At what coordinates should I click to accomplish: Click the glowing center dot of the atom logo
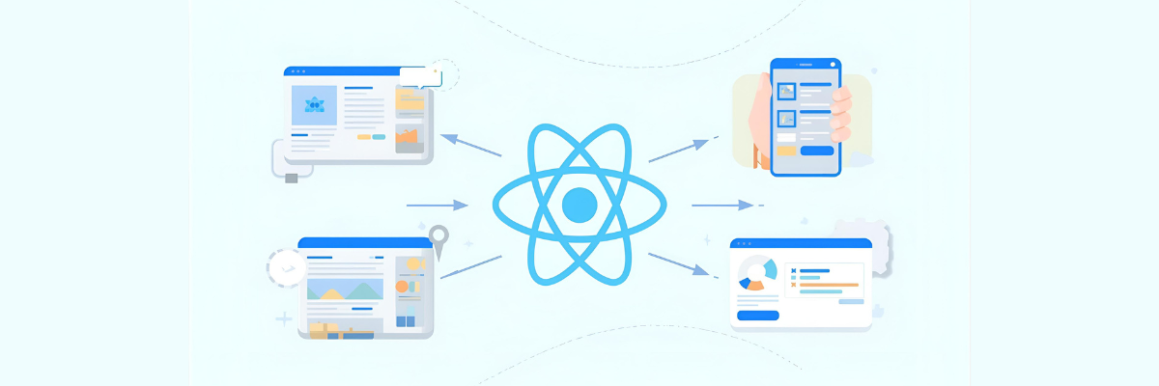click(579, 205)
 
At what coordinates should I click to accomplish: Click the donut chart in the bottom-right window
click(755, 272)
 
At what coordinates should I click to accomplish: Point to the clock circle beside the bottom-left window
click(287, 267)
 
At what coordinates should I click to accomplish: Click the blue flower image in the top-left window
click(314, 105)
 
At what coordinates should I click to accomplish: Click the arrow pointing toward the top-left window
click(470, 145)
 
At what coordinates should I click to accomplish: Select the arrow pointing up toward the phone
click(681, 150)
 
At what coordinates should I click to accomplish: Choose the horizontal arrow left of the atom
click(437, 205)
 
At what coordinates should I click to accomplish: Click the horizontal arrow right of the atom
click(722, 205)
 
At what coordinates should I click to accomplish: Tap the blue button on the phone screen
click(816, 151)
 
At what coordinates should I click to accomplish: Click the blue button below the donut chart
click(757, 315)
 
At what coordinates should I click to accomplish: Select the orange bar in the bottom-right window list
click(829, 285)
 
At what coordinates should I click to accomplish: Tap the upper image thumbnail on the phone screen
click(787, 92)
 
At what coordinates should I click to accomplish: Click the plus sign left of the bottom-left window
click(283, 318)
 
